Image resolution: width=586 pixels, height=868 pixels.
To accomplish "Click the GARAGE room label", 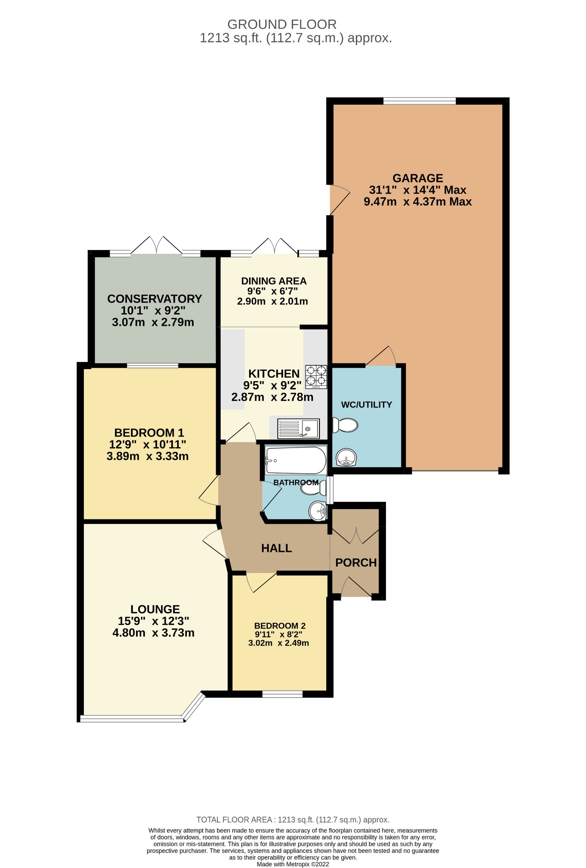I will pyautogui.click(x=417, y=178).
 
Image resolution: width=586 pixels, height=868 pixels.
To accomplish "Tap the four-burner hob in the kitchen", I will pyautogui.click(x=316, y=377).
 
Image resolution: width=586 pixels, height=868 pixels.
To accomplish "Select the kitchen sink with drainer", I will pyautogui.click(x=298, y=428).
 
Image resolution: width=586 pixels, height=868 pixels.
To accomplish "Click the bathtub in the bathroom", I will pyautogui.click(x=295, y=461).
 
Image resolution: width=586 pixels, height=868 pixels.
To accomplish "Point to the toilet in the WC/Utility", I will pyautogui.click(x=345, y=425).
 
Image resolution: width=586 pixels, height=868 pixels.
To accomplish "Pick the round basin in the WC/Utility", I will pyautogui.click(x=347, y=457).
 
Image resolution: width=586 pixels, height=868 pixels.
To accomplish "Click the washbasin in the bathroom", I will pyautogui.click(x=317, y=511).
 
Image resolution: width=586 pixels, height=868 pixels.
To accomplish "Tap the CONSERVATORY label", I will pyautogui.click(x=154, y=299).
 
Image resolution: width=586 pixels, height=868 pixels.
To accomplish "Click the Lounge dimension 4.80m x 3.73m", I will pyautogui.click(x=153, y=633).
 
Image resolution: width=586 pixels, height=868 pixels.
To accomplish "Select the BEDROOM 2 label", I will pyautogui.click(x=280, y=626).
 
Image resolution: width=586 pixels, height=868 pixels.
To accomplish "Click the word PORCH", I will pyautogui.click(x=356, y=563).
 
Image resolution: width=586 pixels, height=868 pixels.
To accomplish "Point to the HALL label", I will pyautogui.click(x=276, y=548).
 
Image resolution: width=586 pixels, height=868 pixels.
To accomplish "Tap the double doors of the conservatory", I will pyautogui.click(x=157, y=246).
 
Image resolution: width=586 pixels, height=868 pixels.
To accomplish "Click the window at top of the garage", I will pyautogui.click(x=419, y=101).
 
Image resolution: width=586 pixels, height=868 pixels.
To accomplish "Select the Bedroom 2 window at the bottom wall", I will pyautogui.click(x=282, y=694).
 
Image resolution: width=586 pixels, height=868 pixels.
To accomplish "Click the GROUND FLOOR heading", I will pyautogui.click(x=282, y=24).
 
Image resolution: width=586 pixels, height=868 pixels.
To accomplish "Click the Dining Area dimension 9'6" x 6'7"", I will pyautogui.click(x=272, y=291).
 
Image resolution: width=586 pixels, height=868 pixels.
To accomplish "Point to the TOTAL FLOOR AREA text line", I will pyautogui.click(x=293, y=820).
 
